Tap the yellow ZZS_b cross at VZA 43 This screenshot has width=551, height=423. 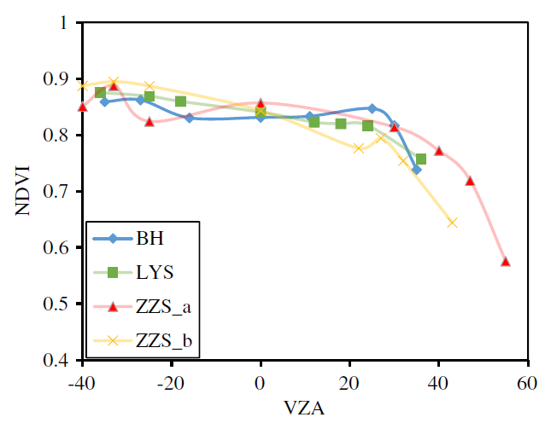452,223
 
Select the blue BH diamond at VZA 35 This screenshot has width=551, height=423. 416,170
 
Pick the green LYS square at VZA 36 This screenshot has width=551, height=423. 420,159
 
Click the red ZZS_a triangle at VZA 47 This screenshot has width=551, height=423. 470,181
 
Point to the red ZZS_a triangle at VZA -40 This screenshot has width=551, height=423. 83,107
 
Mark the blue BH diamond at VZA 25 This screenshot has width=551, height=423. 372,108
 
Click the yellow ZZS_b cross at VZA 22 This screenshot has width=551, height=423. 359,148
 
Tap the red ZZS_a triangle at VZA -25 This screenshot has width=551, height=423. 149,122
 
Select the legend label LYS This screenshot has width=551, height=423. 155,273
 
